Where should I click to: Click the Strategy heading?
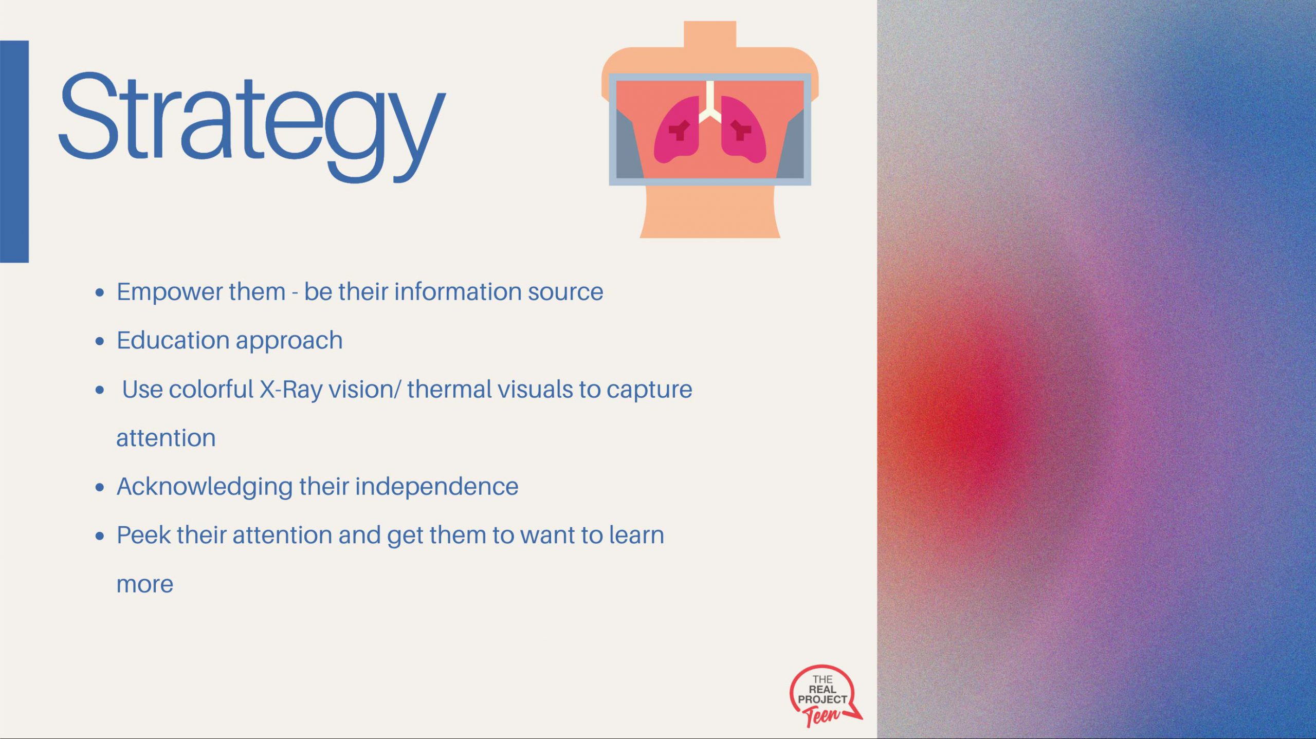(x=252, y=126)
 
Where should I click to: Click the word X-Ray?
(x=291, y=389)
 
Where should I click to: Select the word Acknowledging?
(x=205, y=487)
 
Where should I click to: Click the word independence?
(x=437, y=487)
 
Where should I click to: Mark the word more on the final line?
(x=145, y=584)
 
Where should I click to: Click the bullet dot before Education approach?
(x=100, y=341)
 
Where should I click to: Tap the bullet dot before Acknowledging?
(x=100, y=487)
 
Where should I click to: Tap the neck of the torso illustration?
(x=710, y=35)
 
